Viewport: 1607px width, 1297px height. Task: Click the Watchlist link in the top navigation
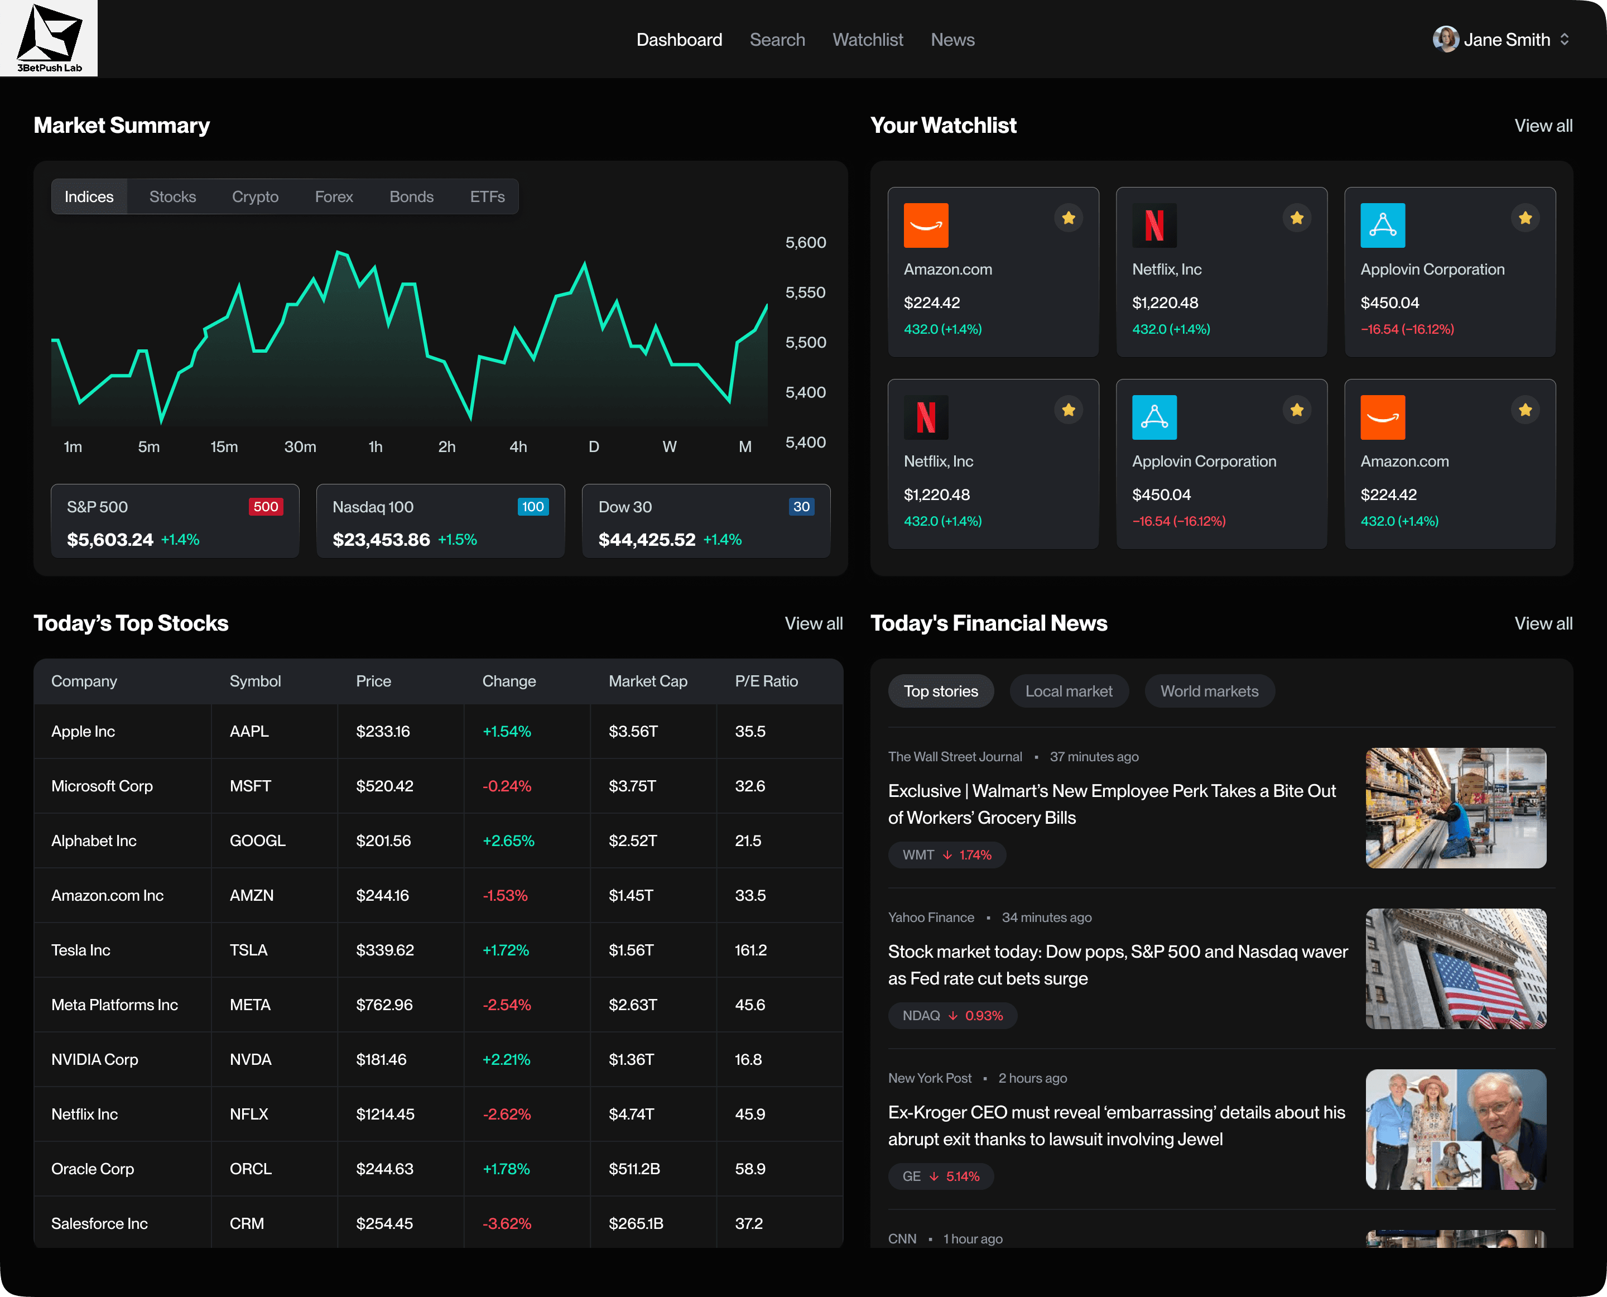(x=867, y=40)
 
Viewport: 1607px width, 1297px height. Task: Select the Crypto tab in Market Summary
(x=255, y=196)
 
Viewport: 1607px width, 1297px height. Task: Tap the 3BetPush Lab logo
(x=49, y=38)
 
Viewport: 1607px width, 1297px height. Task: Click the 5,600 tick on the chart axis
(x=805, y=243)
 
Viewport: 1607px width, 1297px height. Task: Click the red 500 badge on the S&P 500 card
(x=265, y=507)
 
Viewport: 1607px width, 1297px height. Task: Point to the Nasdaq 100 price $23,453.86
(x=381, y=540)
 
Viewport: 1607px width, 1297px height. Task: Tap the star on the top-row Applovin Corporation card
(x=1525, y=218)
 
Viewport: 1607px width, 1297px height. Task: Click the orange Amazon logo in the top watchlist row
(x=926, y=225)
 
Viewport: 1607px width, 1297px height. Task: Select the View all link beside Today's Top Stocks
(x=813, y=623)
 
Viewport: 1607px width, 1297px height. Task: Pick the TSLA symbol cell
(x=248, y=950)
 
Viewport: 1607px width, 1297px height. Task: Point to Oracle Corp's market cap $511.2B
(x=633, y=1169)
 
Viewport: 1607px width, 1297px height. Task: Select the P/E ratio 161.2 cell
(x=750, y=950)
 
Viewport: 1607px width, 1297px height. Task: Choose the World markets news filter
(x=1209, y=691)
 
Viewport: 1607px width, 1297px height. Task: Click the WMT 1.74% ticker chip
(x=946, y=854)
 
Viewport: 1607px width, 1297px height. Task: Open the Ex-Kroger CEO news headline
(x=1116, y=1125)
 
